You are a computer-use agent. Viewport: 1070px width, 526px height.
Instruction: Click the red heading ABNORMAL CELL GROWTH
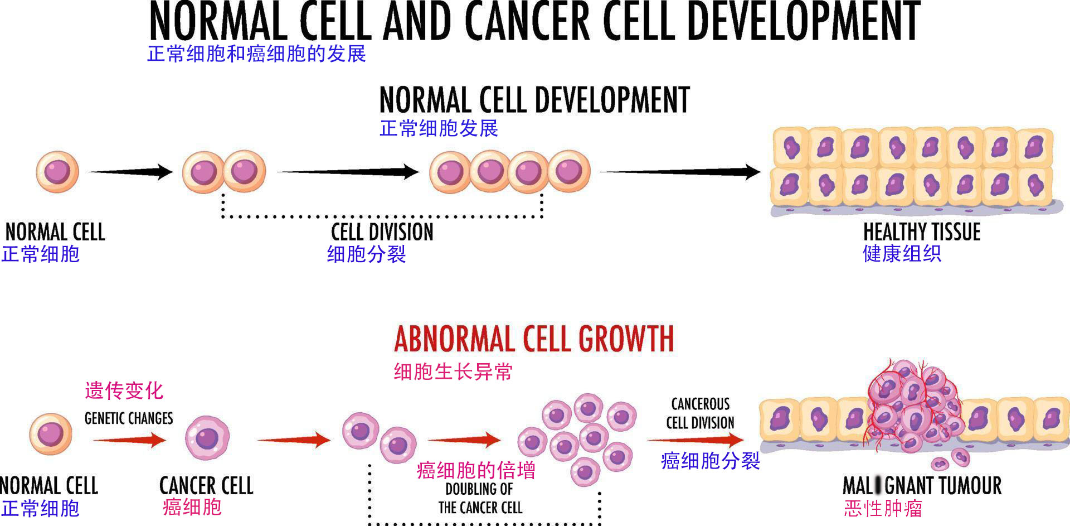(534, 339)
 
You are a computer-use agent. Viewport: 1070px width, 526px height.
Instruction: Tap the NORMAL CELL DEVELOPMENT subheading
(534, 100)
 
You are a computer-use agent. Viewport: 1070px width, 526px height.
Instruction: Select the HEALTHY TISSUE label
(922, 231)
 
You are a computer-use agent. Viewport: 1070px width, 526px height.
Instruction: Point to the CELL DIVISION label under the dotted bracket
(382, 232)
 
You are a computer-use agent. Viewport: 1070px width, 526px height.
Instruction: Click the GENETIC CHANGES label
(129, 418)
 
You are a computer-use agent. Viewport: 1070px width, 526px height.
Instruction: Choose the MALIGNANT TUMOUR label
(922, 485)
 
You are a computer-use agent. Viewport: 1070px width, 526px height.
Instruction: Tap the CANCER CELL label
(206, 485)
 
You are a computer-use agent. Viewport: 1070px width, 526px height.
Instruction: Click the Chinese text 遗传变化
(124, 390)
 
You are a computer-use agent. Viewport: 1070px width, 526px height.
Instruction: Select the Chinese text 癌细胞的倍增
(476, 471)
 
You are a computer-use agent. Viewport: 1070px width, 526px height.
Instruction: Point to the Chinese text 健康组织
(902, 254)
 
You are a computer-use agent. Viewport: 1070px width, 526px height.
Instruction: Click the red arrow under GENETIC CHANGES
(129, 440)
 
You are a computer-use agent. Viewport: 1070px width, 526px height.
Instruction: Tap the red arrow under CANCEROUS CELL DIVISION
(695, 440)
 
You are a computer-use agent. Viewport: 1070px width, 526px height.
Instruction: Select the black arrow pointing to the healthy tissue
(680, 172)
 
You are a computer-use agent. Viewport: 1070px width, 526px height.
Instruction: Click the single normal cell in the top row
(57, 172)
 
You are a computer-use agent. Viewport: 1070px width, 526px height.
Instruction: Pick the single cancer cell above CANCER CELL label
(207, 438)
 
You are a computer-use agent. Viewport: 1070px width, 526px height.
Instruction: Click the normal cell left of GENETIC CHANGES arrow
(51, 435)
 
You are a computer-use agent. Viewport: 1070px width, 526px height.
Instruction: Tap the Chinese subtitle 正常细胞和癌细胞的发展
(256, 54)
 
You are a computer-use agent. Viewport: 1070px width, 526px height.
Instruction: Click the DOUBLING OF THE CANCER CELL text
(480, 499)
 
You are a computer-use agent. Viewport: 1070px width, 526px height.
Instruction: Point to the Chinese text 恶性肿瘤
(883, 509)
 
